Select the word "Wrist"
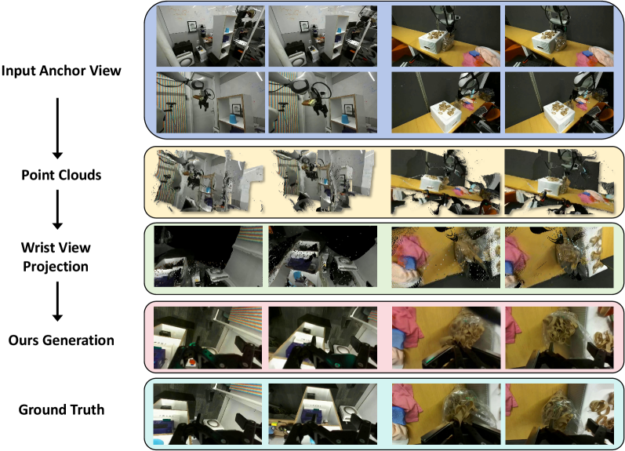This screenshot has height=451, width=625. (38, 247)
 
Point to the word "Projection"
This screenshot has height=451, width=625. (56, 267)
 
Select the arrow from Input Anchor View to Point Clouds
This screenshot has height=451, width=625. (57, 128)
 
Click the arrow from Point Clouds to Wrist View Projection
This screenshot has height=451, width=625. (57, 209)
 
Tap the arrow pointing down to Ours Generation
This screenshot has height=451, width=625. (57, 301)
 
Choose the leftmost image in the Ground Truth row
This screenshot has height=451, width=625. (208, 414)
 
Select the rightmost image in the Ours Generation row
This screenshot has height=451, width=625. (559, 338)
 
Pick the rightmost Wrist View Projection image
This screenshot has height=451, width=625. (559, 257)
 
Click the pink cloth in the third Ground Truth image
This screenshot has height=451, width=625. (405, 402)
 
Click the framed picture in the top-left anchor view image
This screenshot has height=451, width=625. (192, 27)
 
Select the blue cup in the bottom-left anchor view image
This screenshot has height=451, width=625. (232, 119)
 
